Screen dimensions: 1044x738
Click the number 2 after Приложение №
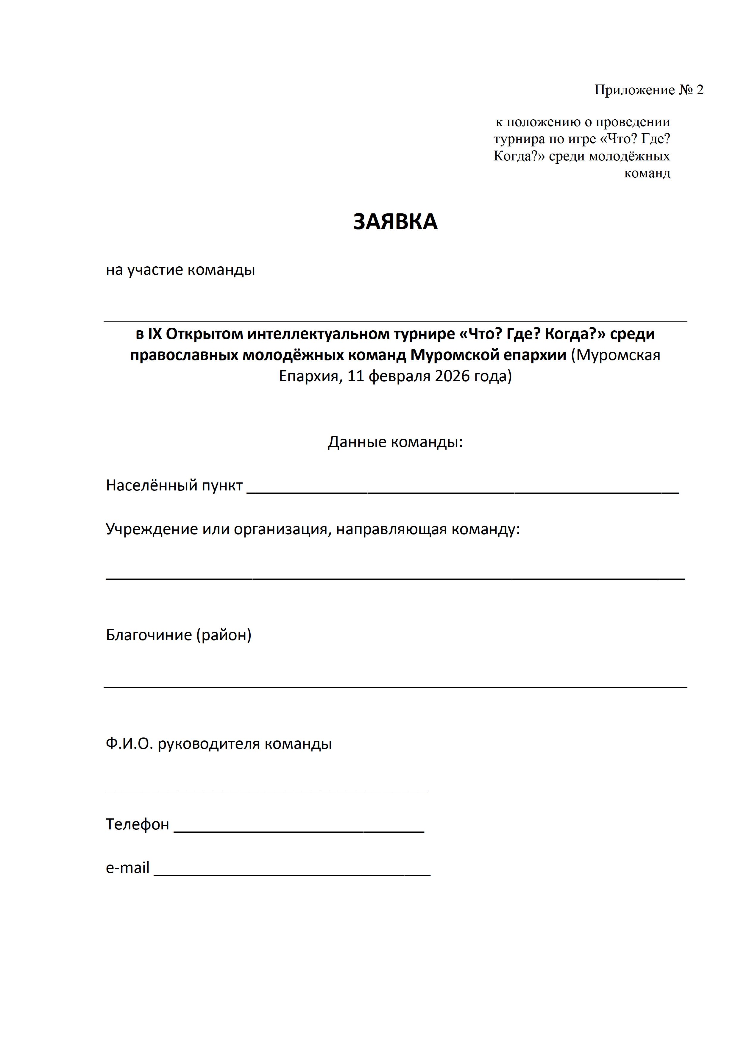point(699,90)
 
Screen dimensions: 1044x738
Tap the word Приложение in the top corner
point(634,90)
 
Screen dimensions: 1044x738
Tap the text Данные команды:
point(395,442)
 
